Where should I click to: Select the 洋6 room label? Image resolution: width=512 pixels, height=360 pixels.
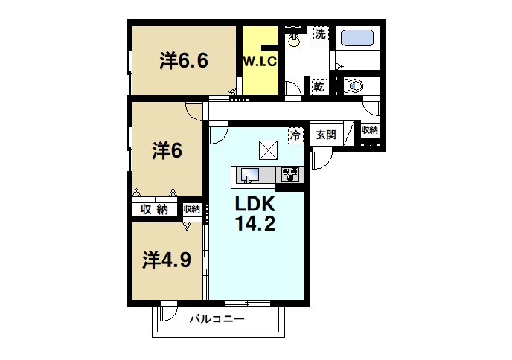[167, 150]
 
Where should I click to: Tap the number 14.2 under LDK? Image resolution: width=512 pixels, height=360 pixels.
[256, 223]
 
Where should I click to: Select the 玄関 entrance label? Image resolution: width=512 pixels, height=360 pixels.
[325, 135]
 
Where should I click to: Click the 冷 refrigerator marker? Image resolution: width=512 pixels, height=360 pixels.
[296, 135]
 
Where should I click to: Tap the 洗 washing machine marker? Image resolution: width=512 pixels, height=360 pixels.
[319, 34]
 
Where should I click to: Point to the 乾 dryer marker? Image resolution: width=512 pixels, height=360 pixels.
[319, 86]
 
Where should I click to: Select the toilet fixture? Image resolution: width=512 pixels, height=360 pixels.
[353, 86]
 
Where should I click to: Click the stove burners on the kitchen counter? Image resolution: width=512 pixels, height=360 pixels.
[289, 175]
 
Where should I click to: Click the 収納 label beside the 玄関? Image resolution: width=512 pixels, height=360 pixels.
[370, 130]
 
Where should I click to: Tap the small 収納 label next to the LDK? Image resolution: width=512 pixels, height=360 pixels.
[192, 209]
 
